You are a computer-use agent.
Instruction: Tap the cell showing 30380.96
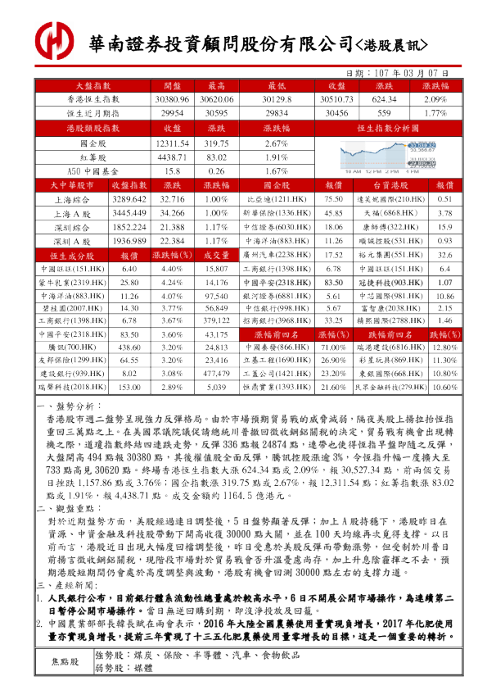(x=172, y=99)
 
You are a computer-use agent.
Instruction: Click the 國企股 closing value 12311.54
(x=172, y=143)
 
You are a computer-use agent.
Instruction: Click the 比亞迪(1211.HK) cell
(x=276, y=200)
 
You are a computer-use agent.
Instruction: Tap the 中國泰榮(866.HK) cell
(x=276, y=347)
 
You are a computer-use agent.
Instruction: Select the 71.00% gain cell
(x=332, y=347)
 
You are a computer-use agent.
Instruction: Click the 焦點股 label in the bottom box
(x=65, y=660)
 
